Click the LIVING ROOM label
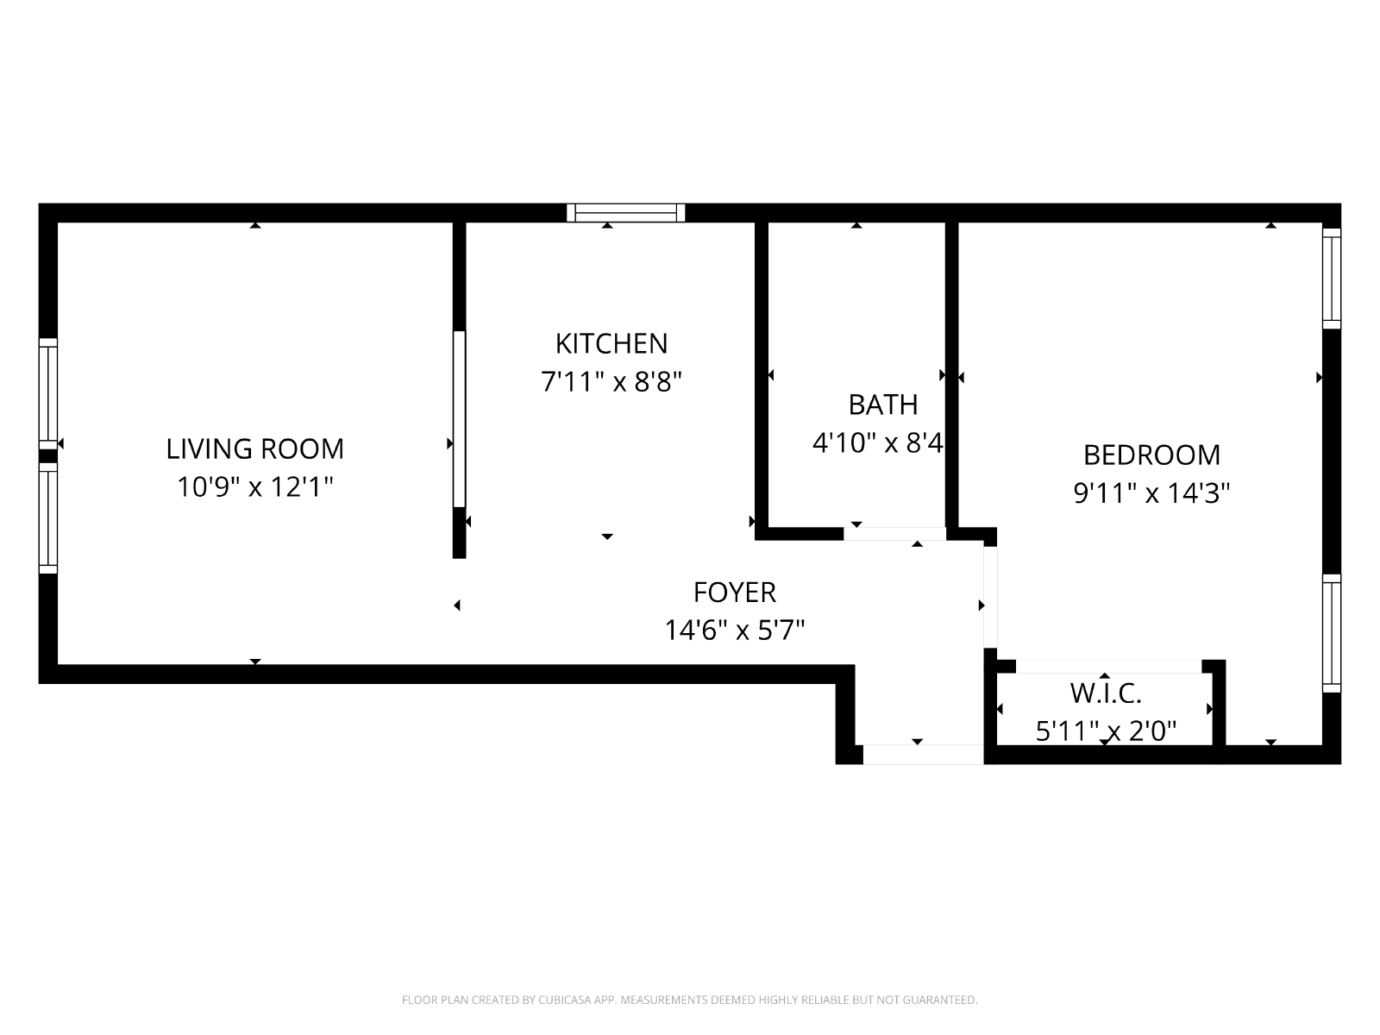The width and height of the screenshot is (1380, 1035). click(x=254, y=448)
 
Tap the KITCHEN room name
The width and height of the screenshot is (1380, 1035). click(x=612, y=343)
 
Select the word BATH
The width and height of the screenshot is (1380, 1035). click(x=882, y=405)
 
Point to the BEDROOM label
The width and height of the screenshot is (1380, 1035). click(x=1151, y=455)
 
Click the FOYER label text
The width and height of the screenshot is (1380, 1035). click(x=734, y=592)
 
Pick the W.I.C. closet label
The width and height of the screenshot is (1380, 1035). click(x=1105, y=693)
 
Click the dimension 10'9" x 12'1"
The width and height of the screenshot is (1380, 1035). click(x=254, y=486)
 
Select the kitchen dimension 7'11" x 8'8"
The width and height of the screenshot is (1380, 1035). click(x=612, y=381)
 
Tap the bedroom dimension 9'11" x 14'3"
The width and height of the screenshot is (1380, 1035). click(x=1151, y=493)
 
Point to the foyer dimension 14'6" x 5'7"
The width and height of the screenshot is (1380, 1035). click(x=734, y=630)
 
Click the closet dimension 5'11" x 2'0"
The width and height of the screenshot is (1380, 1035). click(x=1105, y=731)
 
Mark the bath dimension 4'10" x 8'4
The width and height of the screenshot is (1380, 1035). click(x=878, y=443)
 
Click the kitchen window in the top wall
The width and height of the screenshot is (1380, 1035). click(x=625, y=213)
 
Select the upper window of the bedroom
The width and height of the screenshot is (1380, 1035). click(x=1332, y=279)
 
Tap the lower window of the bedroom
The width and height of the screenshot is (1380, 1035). click(x=1332, y=633)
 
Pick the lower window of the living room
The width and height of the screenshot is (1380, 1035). click(x=48, y=518)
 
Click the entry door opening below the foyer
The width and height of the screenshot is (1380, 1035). click(x=923, y=755)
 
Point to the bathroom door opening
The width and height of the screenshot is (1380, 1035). click(x=894, y=534)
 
